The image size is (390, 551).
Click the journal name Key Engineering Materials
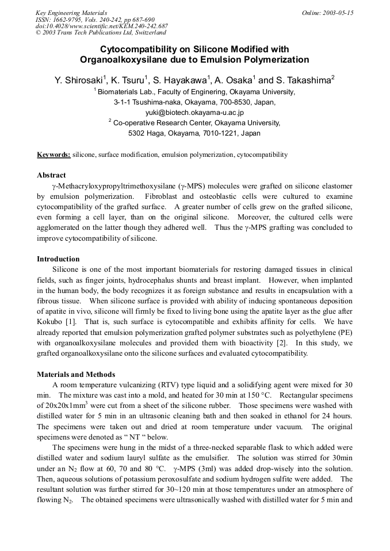tap(71, 13)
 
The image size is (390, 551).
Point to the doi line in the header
tap(101, 26)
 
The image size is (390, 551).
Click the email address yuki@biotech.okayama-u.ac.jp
tap(194, 113)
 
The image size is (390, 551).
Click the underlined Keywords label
tap(53, 155)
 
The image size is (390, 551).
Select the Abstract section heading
tap(51, 175)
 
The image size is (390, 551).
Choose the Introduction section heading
tap(58, 259)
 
